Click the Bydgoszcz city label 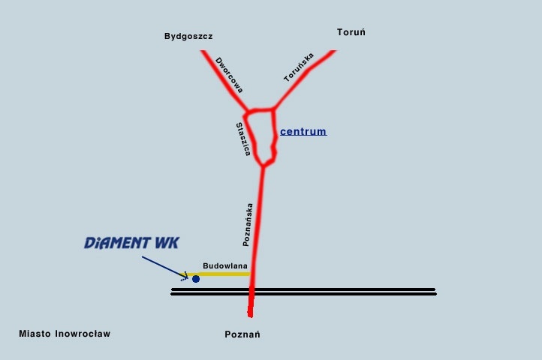pyautogui.click(x=188, y=36)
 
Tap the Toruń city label pyautogui.click(x=351, y=32)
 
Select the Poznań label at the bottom pyautogui.click(x=242, y=334)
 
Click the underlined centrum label pyautogui.click(x=303, y=132)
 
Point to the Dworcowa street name pyautogui.click(x=229, y=75)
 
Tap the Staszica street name pyautogui.click(x=242, y=139)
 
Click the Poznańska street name pyautogui.click(x=248, y=225)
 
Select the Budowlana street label pyautogui.click(x=225, y=265)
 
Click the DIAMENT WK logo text pyautogui.click(x=132, y=243)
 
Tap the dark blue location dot pyautogui.click(x=196, y=279)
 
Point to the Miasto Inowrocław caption pyautogui.click(x=65, y=334)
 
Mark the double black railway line pyautogui.click(x=338, y=292)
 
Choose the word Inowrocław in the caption pyautogui.click(x=83, y=334)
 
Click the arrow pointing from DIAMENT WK pyautogui.click(x=164, y=267)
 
